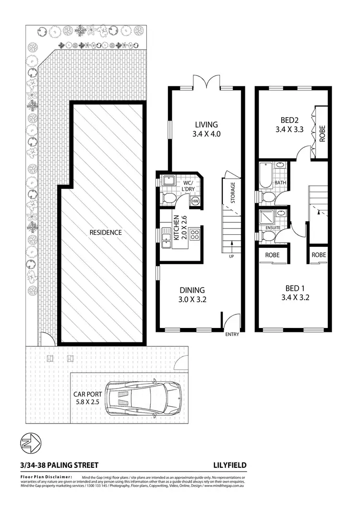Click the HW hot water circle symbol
coord(195,201)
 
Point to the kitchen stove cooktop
coord(195,235)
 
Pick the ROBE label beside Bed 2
coord(322,133)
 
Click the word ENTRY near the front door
coord(231,335)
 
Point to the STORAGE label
coord(233,192)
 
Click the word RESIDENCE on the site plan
coord(106,232)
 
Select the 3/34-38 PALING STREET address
coord(59,465)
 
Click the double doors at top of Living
coord(206,82)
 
